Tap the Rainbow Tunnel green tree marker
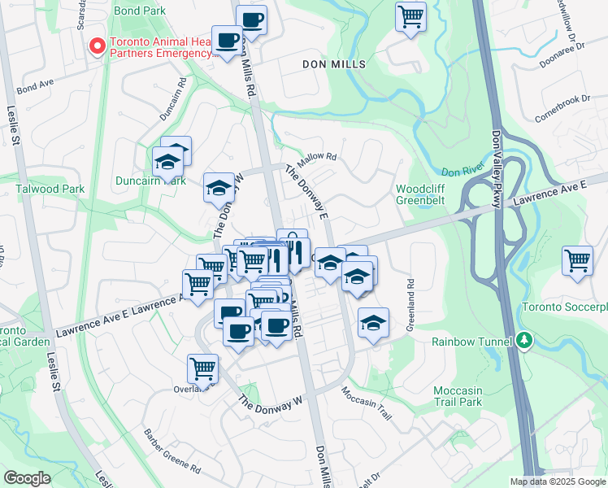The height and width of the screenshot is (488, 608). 524,341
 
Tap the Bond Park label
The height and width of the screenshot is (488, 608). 140,11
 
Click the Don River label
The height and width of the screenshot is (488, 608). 462,172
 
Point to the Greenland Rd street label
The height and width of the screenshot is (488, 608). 410,305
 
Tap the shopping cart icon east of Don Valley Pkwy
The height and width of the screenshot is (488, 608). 577,262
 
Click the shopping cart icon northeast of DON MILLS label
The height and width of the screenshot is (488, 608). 411,15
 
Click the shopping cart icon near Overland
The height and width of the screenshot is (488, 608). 202,368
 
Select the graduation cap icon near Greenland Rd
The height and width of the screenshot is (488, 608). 373,323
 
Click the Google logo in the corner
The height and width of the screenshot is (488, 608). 27,477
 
